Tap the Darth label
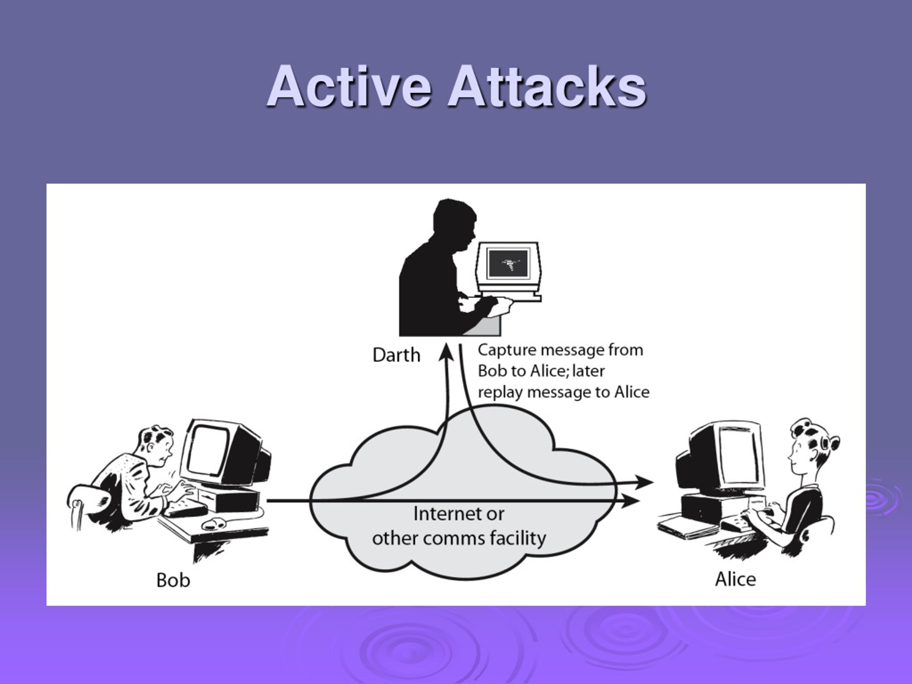point(396,355)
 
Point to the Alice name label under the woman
point(736,579)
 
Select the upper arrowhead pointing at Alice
point(644,482)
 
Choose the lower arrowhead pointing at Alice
point(631,501)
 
